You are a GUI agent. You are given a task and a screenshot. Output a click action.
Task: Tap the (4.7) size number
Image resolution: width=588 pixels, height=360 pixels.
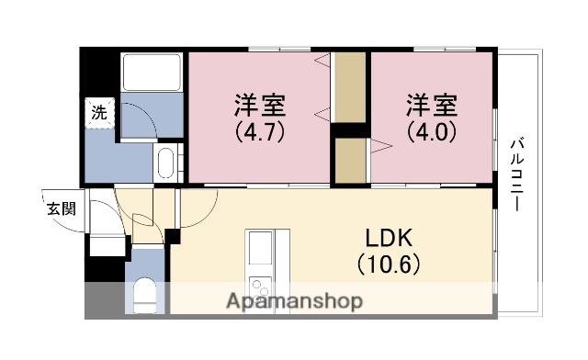click(x=258, y=130)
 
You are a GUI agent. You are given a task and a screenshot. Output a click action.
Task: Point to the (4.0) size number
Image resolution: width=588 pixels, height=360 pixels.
click(x=432, y=130)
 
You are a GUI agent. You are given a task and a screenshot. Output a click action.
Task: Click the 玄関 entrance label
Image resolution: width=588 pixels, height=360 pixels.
click(x=62, y=208)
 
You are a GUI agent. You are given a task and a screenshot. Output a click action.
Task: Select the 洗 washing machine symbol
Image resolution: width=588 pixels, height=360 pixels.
click(x=98, y=114)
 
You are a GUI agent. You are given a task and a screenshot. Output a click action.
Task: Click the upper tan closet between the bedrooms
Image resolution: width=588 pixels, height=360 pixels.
click(x=350, y=87)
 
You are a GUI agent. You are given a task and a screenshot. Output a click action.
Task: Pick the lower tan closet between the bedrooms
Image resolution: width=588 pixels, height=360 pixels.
click(x=350, y=161)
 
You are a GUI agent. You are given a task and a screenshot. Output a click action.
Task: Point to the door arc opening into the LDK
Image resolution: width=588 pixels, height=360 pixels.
click(x=196, y=207)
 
